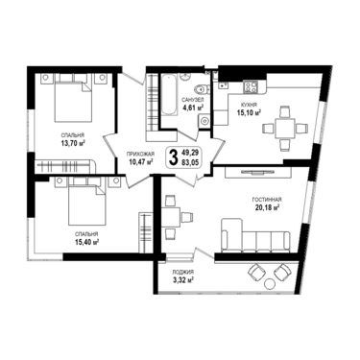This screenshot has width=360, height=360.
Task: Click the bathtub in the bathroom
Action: pyautogui.click(x=169, y=94)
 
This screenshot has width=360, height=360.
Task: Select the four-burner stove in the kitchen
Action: pyautogui.click(x=251, y=86)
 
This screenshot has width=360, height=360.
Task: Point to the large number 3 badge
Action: pyautogui.click(x=173, y=157)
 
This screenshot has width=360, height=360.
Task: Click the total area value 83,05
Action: pyautogui.click(x=190, y=162)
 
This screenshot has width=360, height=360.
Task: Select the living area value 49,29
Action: pyautogui.click(x=190, y=153)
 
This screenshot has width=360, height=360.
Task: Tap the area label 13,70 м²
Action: pyautogui.click(x=73, y=143)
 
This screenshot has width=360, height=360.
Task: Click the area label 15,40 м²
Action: pyautogui.click(x=86, y=242)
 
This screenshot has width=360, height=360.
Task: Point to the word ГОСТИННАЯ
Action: pyautogui.click(x=267, y=200)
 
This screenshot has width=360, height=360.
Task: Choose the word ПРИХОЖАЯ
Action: pyautogui.click(x=141, y=154)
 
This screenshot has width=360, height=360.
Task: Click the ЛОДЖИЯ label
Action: pyautogui.click(x=182, y=273)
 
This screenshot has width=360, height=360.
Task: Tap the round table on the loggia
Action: pyautogui.click(x=271, y=283)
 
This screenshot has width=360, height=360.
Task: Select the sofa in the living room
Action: pyautogui.click(x=255, y=236)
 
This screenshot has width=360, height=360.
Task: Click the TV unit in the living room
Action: pyautogui.click(x=257, y=173)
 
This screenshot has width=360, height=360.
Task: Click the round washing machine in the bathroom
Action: pyautogui.click(x=204, y=121)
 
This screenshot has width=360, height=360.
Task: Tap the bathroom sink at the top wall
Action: pyautogui.click(x=185, y=77)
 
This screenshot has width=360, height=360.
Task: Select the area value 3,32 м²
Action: pyautogui.click(x=182, y=280)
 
